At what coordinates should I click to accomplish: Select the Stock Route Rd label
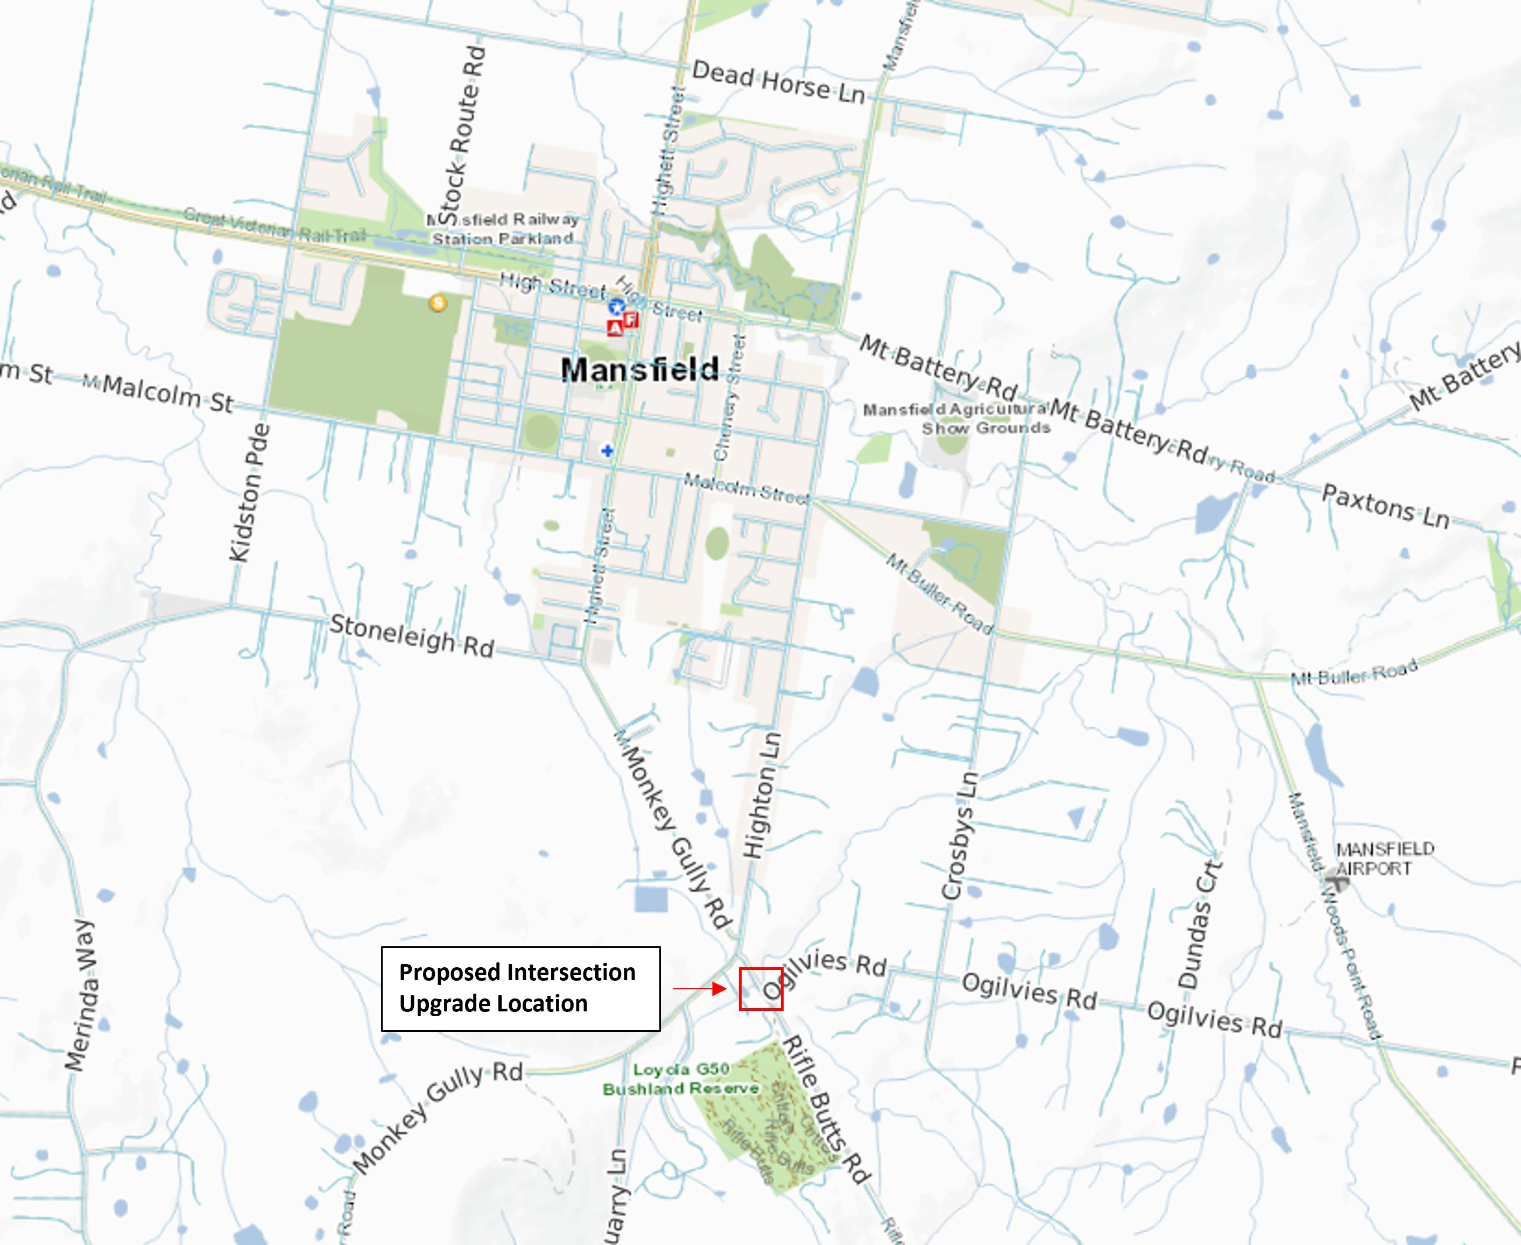pos(462,136)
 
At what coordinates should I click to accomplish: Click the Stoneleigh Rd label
pos(412,635)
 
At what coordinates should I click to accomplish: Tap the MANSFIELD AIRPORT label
pos(1384,859)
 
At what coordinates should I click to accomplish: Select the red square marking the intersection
pos(760,989)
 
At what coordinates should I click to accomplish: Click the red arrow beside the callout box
pos(700,989)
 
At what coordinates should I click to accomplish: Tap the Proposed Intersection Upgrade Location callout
pos(520,988)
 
